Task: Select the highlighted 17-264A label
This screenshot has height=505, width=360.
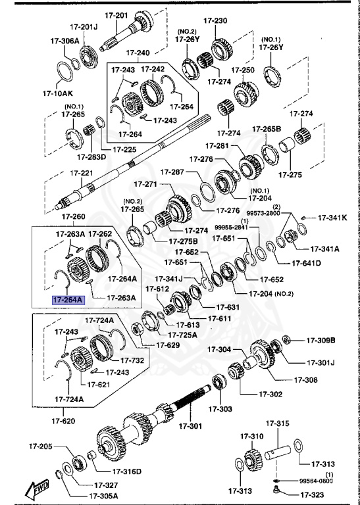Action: coord(68,300)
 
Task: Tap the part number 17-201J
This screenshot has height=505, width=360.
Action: coord(84,27)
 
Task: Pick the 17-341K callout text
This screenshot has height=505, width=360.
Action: coord(334,217)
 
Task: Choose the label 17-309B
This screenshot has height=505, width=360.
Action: coord(321,340)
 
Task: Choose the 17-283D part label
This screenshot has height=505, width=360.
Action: coord(91,157)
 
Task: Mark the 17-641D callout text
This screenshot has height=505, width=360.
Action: coord(307,263)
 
